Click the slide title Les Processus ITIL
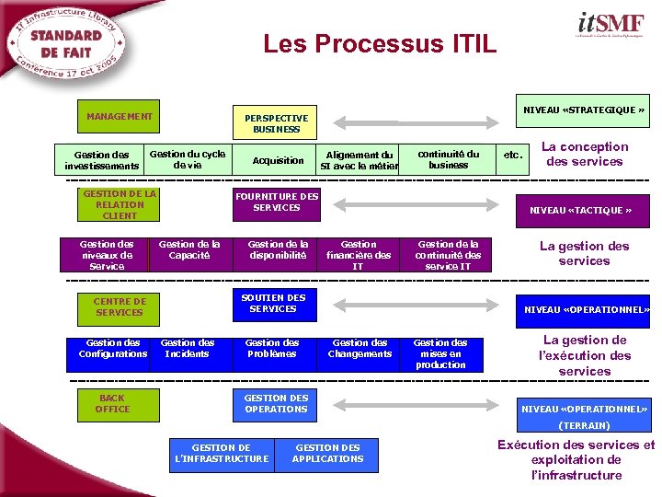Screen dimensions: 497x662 pos(379,43)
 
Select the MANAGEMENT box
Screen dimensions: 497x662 pos(120,116)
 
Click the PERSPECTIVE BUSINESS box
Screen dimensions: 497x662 pos(276,123)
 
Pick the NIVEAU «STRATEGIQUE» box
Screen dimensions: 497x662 pos(583,110)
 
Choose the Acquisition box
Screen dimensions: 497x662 pos(278,160)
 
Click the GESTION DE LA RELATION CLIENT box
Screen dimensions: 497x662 pos(120,204)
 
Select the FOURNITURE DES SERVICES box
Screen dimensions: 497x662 pos(276,202)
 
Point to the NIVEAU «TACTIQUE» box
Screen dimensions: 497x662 pos(580,211)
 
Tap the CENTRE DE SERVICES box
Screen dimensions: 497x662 pos(120,306)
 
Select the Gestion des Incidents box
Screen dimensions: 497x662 pos(188,349)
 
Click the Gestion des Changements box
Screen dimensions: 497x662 pos(360,349)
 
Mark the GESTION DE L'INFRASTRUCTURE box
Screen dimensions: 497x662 pos(222,454)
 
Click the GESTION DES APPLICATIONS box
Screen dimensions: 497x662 pos(327,454)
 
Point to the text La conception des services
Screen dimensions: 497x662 pos(584,154)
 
